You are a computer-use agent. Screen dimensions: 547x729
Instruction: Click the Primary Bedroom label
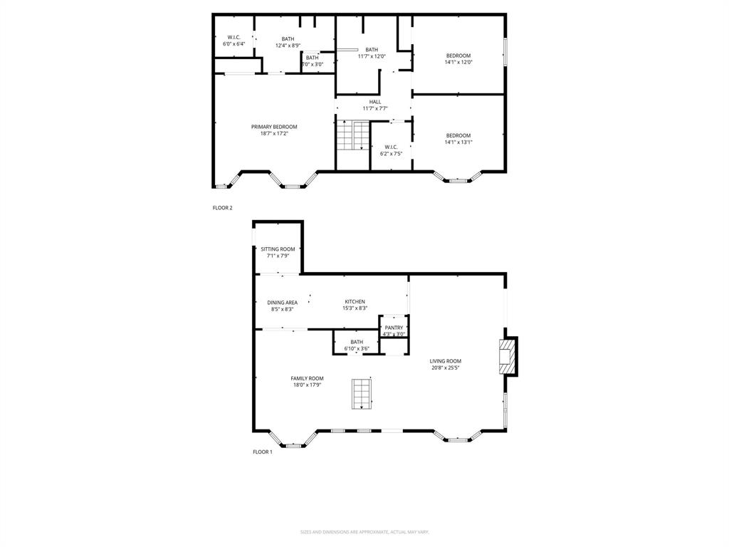tap(274, 127)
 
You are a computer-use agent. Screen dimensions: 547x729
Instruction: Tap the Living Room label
tap(445, 361)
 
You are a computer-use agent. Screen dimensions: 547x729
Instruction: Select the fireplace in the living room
tap(506, 355)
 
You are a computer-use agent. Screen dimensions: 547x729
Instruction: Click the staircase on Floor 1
tap(362, 393)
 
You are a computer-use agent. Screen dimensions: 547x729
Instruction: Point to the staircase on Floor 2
tap(353, 135)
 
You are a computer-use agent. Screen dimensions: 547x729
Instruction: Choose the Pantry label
tap(394, 328)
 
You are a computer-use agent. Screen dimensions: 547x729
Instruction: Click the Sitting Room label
tap(278, 249)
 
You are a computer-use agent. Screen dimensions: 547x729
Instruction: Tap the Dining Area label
tap(283, 302)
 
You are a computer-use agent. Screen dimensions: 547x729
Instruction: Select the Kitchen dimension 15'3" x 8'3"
tap(355, 308)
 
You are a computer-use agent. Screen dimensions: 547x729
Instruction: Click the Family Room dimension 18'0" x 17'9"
tap(307, 385)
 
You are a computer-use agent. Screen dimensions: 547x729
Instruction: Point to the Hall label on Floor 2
tap(374, 102)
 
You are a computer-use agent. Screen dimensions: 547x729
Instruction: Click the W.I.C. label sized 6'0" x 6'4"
tap(234, 37)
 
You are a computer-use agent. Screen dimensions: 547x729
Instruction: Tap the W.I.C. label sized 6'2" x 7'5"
tap(391, 147)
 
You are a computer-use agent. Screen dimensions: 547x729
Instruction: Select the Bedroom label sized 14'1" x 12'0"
tap(458, 56)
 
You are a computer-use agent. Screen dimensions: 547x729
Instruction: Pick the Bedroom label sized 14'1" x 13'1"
tap(458, 135)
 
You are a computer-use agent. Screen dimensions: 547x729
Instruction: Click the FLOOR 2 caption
tap(223, 208)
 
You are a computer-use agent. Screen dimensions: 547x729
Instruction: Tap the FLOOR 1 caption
tap(263, 452)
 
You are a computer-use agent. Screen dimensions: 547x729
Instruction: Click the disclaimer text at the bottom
tap(364, 532)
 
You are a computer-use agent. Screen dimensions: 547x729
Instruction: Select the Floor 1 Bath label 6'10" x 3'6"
tap(357, 342)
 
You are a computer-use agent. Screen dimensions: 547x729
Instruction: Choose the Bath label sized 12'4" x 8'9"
tap(288, 38)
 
